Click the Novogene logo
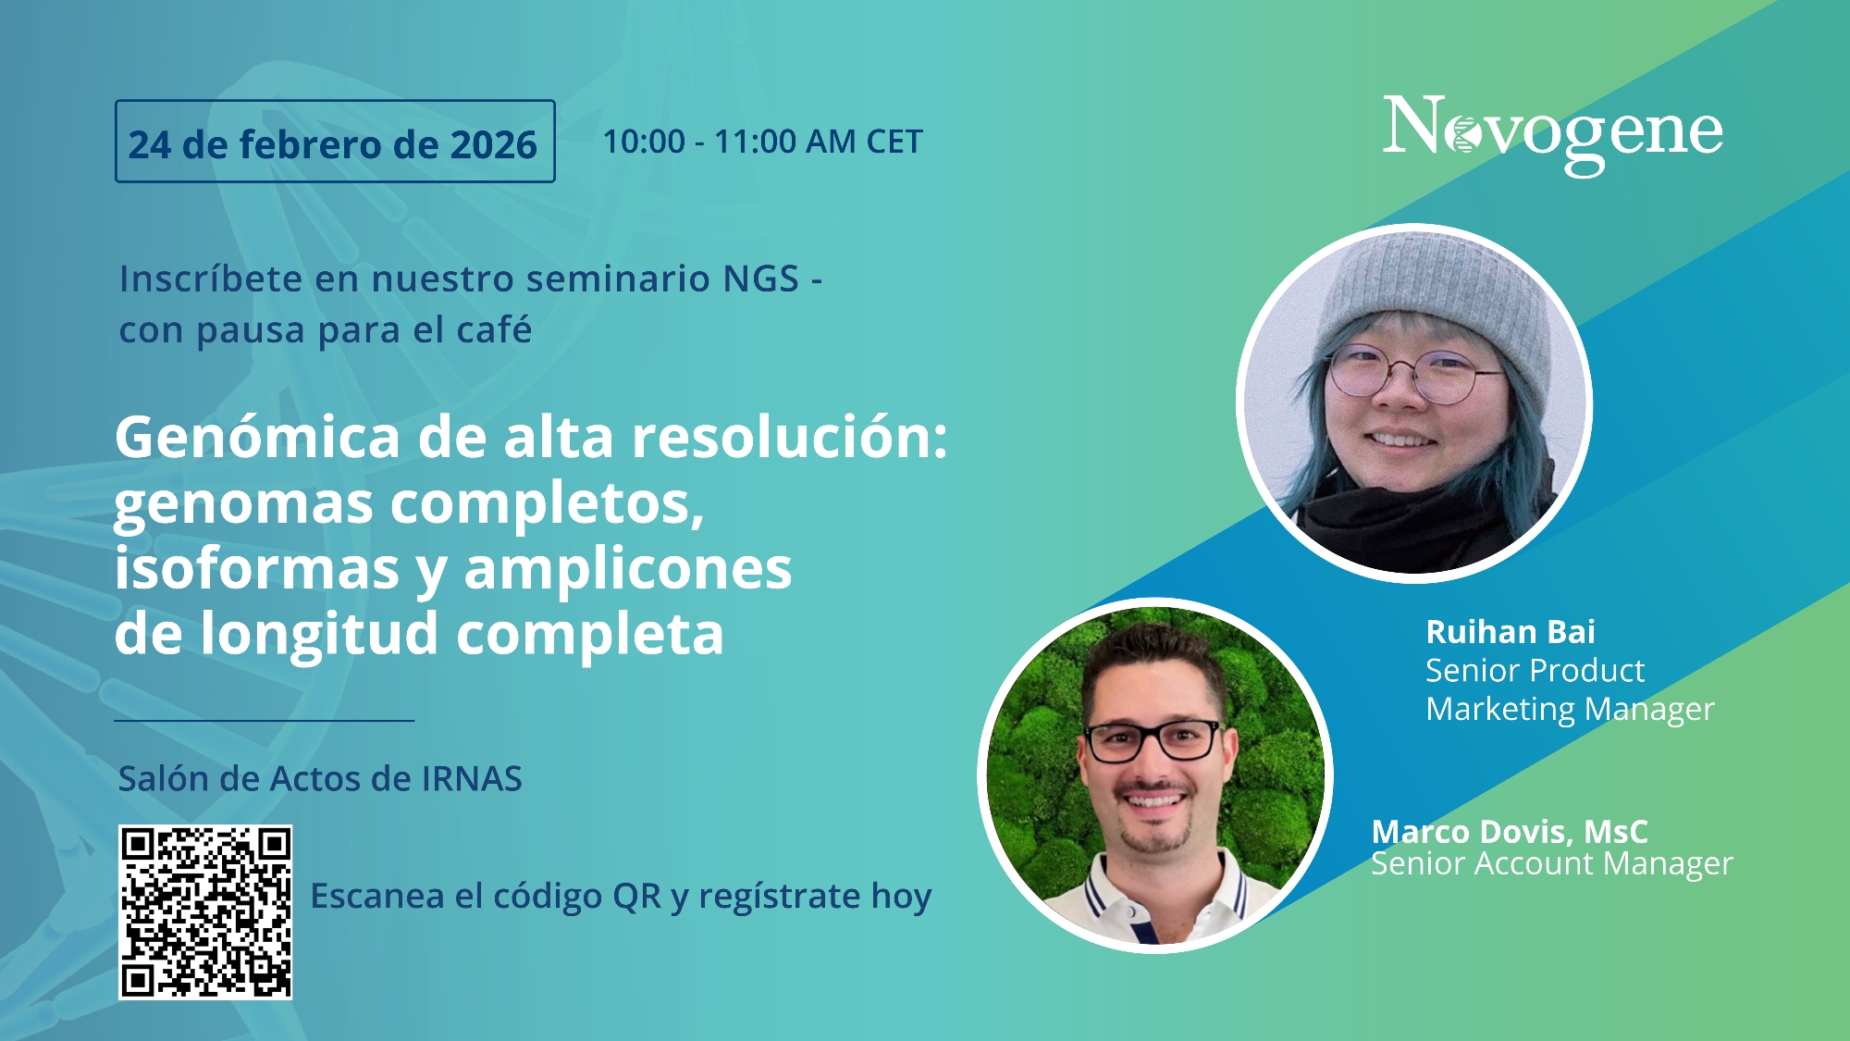pyautogui.click(x=1552, y=133)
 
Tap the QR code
pyautogui.click(x=205, y=912)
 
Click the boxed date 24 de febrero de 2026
pyautogui.click(x=335, y=142)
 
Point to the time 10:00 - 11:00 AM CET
pyautogui.click(x=762, y=142)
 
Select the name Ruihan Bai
pyautogui.click(x=1511, y=632)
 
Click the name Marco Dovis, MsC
pyautogui.click(x=1510, y=831)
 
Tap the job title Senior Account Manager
pyautogui.click(x=1551, y=864)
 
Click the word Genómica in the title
pyautogui.click(x=258, y=439)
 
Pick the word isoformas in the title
pyautogui.click(x=257, y=568)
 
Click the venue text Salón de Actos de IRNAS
pyautogui.click(x=320, y=779)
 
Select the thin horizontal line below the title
pyautogui.click(x=265, y=720)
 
